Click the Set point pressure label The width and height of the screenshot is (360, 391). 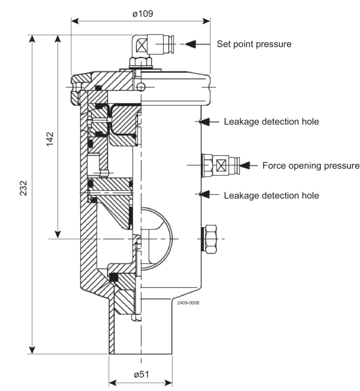click(254, 44)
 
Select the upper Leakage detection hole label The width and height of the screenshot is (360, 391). click(271, 122)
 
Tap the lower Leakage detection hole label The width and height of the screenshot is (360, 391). click(271, 195)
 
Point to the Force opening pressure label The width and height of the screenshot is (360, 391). click(311, 165)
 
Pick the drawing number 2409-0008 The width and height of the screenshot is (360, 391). click(188, 303)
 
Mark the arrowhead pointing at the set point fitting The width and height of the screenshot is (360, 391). click(191, 44)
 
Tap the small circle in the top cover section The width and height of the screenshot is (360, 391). click(141, 87)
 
